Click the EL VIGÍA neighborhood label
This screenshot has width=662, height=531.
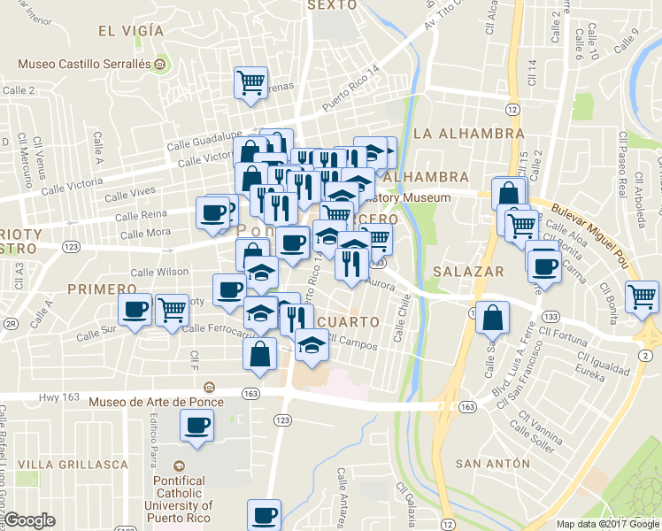[131, 31]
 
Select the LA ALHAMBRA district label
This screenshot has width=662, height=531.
[469, 134]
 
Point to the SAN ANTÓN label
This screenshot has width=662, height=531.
[492, 464]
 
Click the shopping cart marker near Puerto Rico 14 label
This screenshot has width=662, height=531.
[251, 83]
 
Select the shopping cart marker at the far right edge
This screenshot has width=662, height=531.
[642, 296]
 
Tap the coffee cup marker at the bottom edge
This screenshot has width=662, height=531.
[264, 514]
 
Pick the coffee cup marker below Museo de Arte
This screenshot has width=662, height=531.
[196, 426]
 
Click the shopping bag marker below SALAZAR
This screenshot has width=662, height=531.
[492, 317]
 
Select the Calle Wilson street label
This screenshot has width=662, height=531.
[159, 272]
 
